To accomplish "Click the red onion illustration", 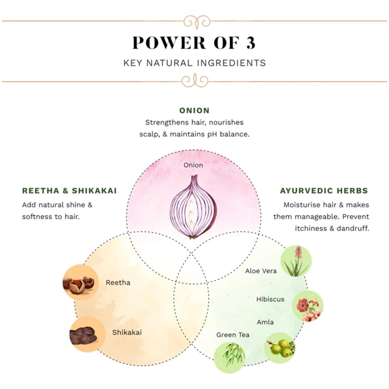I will (193, 207).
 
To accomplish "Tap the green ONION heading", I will (194, 111).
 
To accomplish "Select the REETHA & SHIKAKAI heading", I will (70, 191).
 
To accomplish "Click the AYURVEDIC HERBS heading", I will (324, 191).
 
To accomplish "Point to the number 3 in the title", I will (251, 43).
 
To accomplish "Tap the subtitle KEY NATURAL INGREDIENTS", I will (194, 63).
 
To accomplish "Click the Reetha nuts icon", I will (80, 282).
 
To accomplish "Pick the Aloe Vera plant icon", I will (296, 261).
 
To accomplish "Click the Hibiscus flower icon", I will (308, 306).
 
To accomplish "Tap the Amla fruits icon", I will (280, 347).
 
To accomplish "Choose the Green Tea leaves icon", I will (230, 357).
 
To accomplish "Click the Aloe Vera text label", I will (261, 271).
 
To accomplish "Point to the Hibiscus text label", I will (270, 300).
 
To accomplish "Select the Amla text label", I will (265, 322).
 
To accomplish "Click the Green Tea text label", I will (233, 335).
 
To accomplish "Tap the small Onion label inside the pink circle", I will (193, 165).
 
